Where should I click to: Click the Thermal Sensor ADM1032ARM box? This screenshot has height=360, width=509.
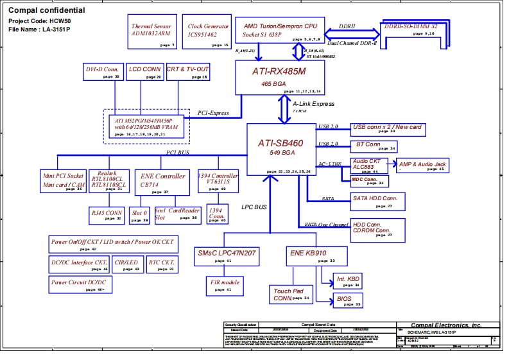(151, 32)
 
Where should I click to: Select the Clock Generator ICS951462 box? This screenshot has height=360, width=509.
(207, 32)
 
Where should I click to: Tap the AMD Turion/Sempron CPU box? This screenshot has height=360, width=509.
(280, 30)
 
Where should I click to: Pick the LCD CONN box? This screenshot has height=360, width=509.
(144, 72)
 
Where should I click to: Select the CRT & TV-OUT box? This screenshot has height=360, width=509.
(187, 72)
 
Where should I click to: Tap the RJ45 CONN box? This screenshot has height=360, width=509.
(106, 215)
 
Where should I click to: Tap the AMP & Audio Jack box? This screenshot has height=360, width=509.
(422, 166)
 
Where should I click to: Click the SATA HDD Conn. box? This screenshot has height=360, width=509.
(377, 201)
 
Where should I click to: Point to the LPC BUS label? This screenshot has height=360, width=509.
(254, 207)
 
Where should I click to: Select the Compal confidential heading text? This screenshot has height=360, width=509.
(46, 11)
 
